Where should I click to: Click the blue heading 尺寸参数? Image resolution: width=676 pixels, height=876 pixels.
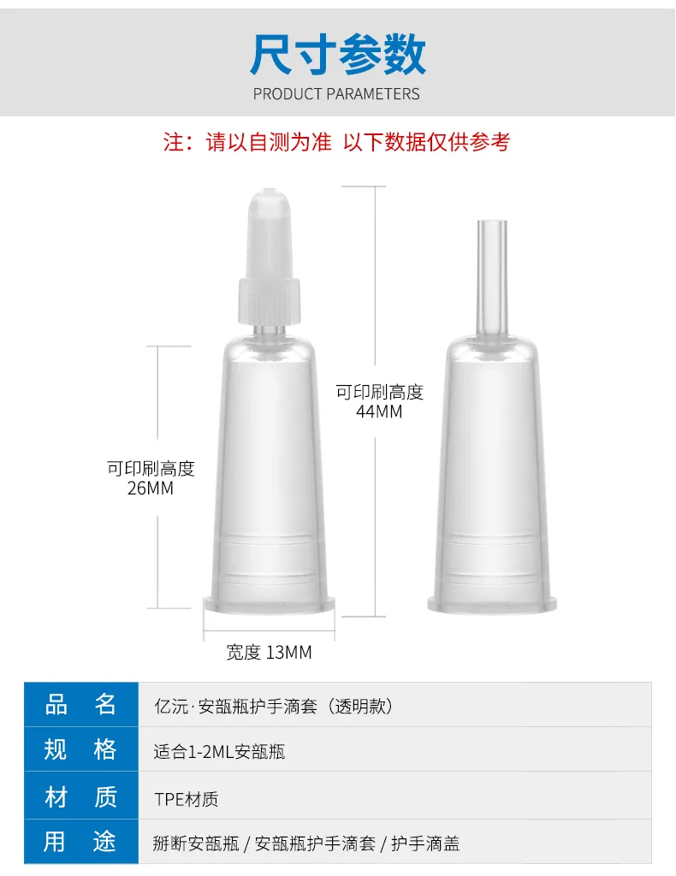337,54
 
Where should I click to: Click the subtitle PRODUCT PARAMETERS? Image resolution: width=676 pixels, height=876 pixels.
336,94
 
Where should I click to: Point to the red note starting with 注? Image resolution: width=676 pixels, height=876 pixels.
336,142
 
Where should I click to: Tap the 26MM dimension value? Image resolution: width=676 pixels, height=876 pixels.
151,488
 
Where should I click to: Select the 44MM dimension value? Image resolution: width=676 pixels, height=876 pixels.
379,411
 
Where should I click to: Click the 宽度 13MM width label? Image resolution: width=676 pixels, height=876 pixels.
269,652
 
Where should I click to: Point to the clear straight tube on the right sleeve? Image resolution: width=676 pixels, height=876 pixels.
492,278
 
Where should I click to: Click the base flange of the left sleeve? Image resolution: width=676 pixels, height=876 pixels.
270,604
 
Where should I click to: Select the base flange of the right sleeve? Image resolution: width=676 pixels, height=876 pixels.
492,604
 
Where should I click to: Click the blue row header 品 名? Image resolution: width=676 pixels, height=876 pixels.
80,705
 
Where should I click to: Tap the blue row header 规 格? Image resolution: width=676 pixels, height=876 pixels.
80,749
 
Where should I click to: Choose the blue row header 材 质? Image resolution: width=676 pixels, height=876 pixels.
80,796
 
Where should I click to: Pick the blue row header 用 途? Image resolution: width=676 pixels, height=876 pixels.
80,842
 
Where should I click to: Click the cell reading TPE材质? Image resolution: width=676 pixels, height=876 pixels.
186,800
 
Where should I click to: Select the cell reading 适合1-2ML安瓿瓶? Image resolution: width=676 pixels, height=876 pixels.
220,752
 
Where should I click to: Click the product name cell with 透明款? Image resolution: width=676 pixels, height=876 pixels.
274,707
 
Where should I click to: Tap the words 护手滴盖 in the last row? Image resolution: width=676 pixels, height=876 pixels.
425,843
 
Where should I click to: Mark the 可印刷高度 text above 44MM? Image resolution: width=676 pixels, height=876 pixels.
379,392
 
